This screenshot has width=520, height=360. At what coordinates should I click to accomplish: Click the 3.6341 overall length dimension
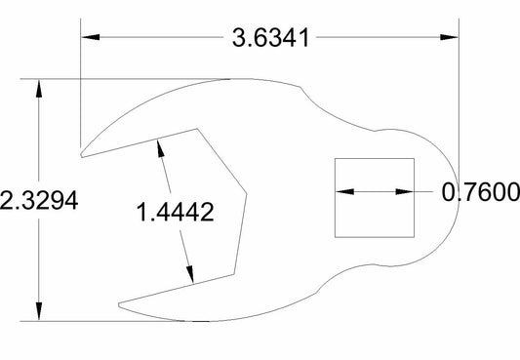tap(270, 37)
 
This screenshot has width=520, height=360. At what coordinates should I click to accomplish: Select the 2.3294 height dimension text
tap(39, 200)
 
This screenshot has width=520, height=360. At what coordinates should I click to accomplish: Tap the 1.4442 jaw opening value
tap(175, 212)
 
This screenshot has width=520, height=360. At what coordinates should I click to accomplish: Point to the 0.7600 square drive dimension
tap(481, 192)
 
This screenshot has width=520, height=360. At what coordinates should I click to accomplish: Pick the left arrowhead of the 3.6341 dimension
tap(91, 37)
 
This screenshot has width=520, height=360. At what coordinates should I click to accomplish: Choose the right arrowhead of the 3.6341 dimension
tap(449, 37)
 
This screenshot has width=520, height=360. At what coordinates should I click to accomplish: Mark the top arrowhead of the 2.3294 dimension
tap(39, 88)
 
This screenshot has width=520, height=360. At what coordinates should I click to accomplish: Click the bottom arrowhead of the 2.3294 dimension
tap(39, 311)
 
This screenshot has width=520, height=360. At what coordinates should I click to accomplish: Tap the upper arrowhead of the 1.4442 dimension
tap(161, 148)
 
